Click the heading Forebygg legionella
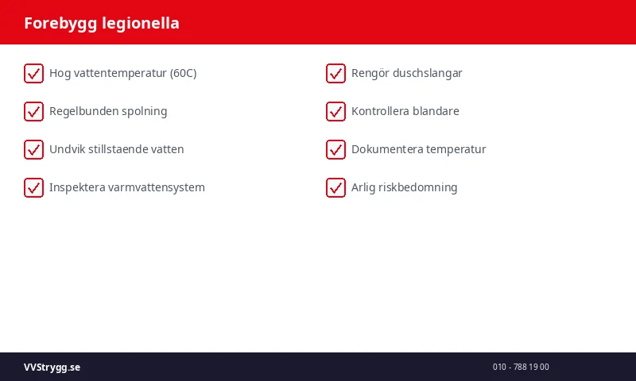[x=102, y=23]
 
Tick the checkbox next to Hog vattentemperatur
[x=33, y=73]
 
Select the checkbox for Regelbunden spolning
[x=33, y=111]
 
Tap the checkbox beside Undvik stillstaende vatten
[x=33, y=149]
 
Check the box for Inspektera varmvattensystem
[x=33, y=187]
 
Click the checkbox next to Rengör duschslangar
[x=335, y=73]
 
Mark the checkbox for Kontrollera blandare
[x=335, y=111]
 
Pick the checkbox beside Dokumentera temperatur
[x=335, y=149]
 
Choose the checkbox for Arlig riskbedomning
[x=335, y=187]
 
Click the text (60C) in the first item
[x=183, y=73]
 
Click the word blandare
[x=436, y=111]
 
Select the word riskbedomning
[x=420, y=187]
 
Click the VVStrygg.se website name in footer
[x=52, y=367]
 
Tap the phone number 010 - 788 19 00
[x=521, y=367]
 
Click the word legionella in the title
[x=141, y=23]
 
